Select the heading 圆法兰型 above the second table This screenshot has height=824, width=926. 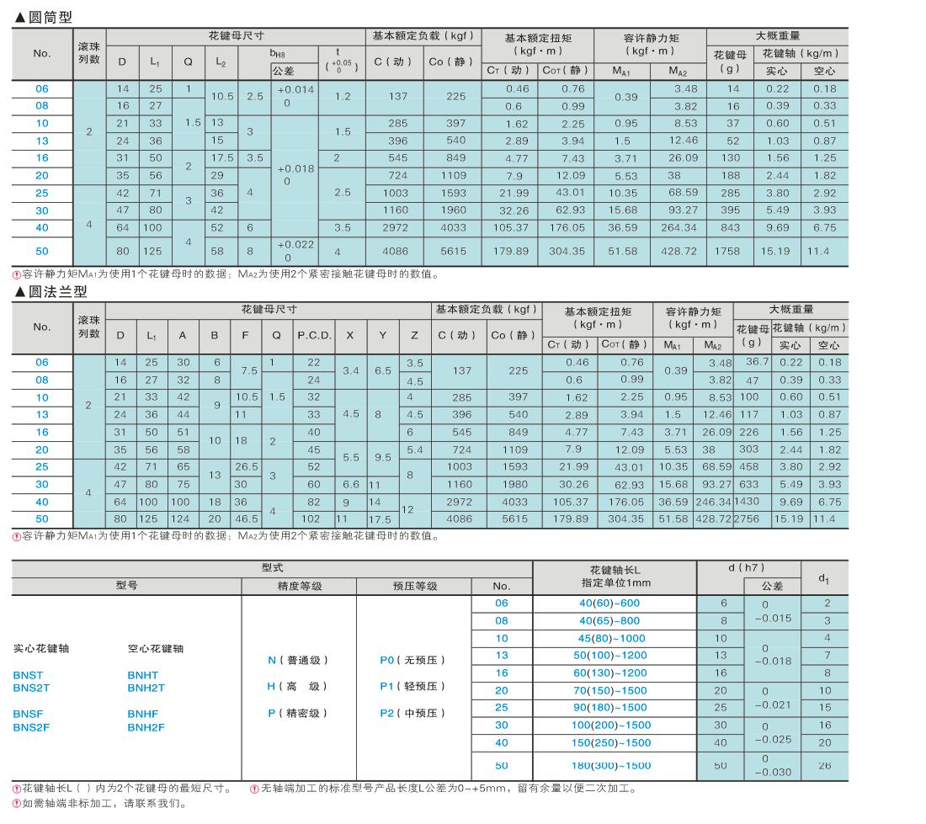click(51, 292)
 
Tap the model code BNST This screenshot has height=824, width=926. click(28, 675)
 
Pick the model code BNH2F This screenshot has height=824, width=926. click(146, 726)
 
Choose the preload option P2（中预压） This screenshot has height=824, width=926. click(412, 713)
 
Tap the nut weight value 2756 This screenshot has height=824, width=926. click(750, 519)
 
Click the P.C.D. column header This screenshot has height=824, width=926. click(314, 335)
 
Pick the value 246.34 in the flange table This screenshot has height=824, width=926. click(714, 502)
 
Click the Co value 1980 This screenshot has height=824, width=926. click(513, 484)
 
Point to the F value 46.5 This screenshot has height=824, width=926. click(246, 519)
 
